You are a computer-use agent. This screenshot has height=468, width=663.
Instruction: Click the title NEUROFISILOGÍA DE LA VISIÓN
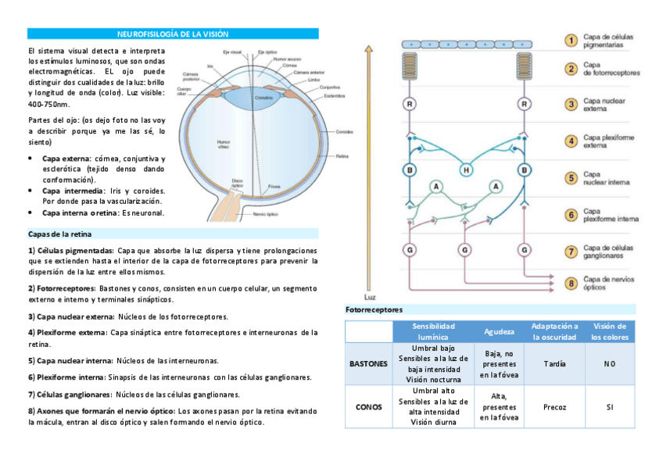coord(173,34)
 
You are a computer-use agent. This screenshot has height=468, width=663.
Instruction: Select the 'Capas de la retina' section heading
coord(60,234)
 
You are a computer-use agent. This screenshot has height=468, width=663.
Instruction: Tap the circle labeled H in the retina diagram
coord(467,170)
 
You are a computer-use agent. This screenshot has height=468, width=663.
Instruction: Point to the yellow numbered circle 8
coord(572,283)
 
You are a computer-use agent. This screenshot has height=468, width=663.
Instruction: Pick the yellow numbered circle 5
coord(572,178)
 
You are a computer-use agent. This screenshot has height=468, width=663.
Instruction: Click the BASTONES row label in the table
coord(368,363)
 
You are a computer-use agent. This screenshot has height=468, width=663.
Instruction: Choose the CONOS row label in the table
coord(368,407)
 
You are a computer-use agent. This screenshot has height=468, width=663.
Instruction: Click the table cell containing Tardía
coord(554,363)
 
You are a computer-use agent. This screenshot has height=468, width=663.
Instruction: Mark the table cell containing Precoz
coord(554,407)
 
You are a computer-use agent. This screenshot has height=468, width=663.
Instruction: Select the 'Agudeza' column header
coord(499,331)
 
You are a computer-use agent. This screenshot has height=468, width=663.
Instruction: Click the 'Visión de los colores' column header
coord(609,331)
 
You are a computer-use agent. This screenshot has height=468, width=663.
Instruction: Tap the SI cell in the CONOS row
coord(609,407)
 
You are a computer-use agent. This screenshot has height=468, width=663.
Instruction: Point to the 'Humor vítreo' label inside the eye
coord(222,144)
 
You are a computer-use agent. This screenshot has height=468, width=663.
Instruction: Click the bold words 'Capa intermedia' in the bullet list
coord(73,191)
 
